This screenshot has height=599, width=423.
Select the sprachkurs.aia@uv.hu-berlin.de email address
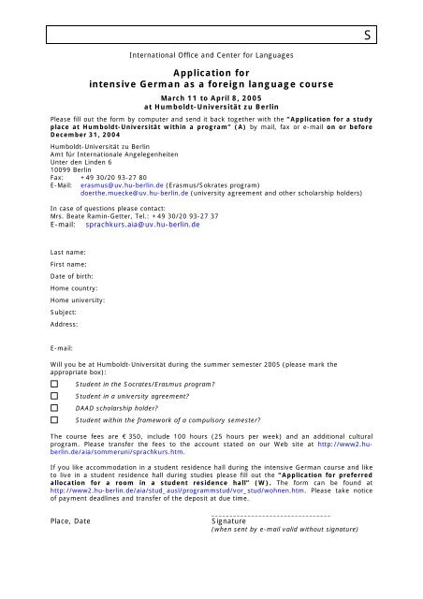(141, 226)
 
